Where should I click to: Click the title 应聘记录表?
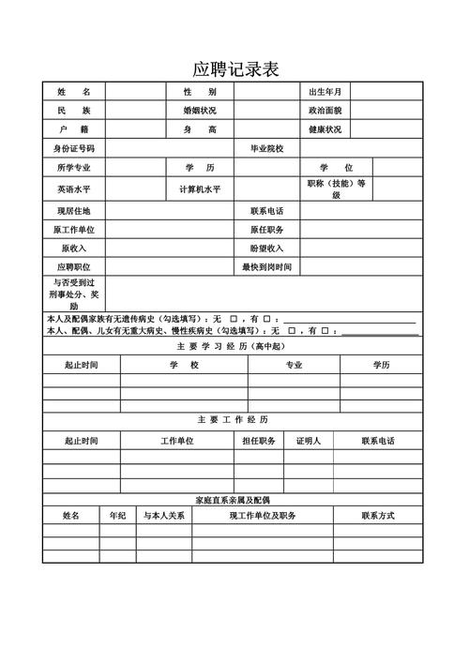click(235, 69)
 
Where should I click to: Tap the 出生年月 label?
click(325, 92)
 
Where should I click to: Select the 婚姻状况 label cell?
click(200, 111)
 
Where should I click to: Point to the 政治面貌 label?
click(325, 111)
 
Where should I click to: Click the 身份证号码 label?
click(74, 149)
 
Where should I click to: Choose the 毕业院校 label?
click(266, 149)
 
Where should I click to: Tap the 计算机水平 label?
click(200, 189)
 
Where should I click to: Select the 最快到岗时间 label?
click(266, 267)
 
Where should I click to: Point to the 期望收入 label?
click(266, 249)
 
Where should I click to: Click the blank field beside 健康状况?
click(386, 129)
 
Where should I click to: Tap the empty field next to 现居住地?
click(169, 211)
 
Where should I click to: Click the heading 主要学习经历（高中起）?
click(235, 346)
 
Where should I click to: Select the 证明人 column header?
click(309, 441)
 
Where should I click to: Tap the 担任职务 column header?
click(259, 441)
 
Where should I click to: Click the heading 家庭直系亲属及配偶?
click(233, 500)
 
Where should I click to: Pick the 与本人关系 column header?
click(163, 516)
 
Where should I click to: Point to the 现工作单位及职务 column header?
click(263, 516)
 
